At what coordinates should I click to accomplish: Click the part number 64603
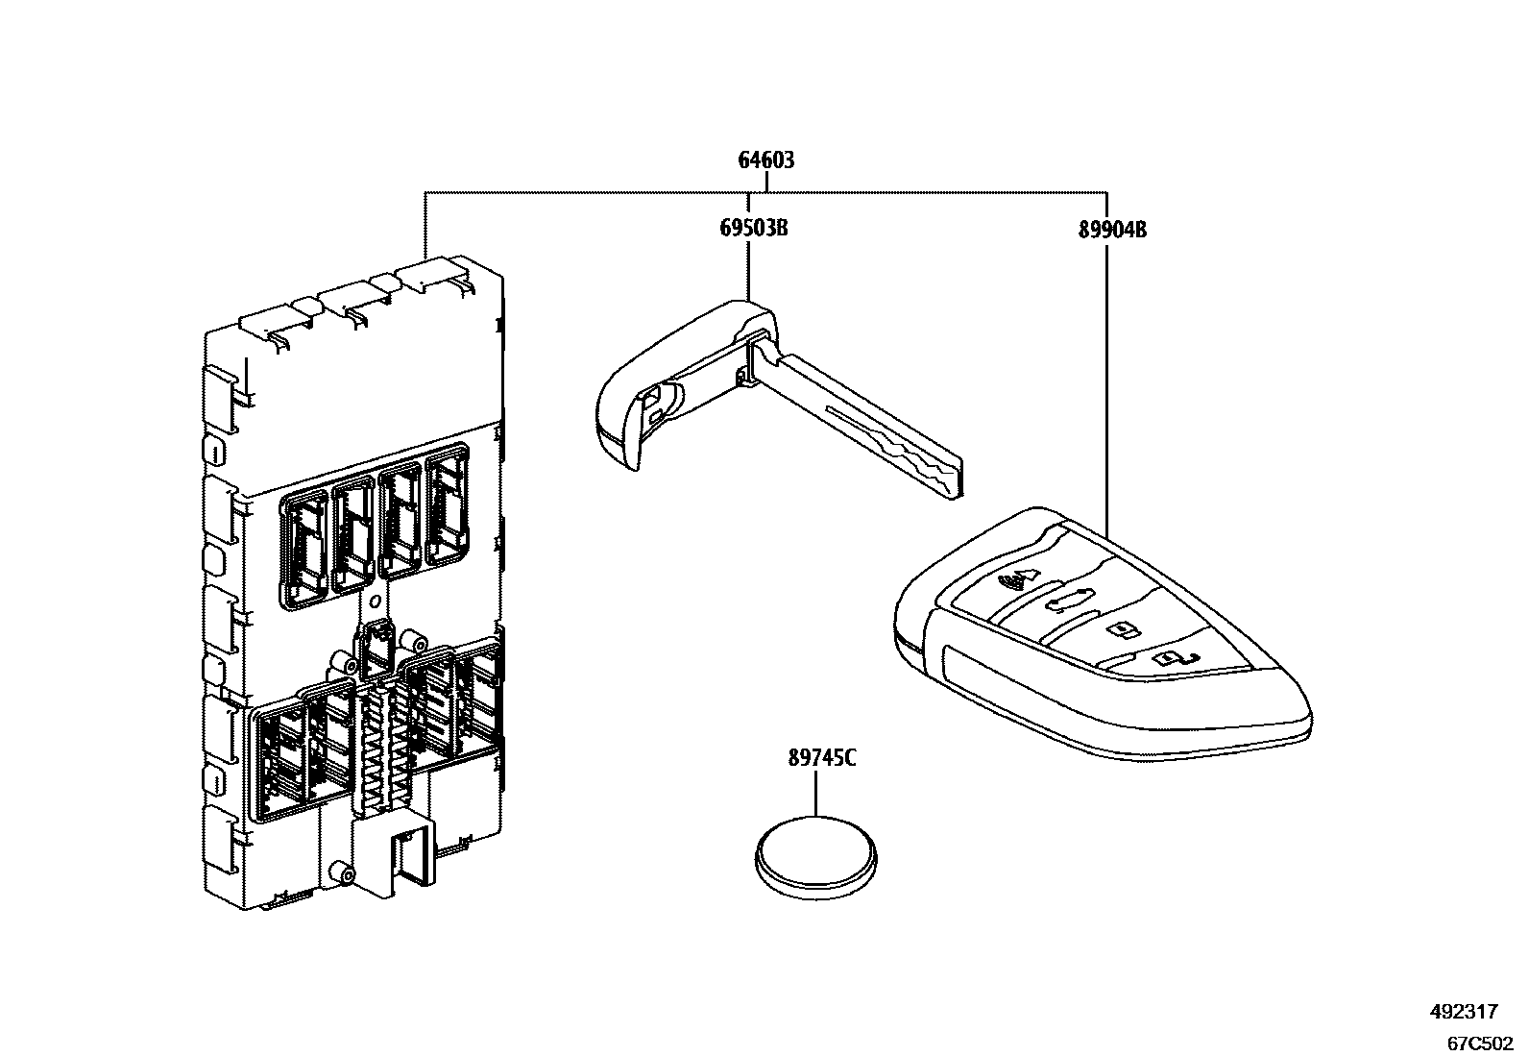click(x=765, y=160)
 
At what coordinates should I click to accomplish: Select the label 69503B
click(x=754, y=230)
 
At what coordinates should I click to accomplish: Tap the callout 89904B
click(x=1113, y=230)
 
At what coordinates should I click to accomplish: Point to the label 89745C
click(x=821, y=758)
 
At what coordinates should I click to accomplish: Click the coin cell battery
click(x=815, y=856)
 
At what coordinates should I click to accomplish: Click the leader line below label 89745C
click(x=815, y=792)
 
